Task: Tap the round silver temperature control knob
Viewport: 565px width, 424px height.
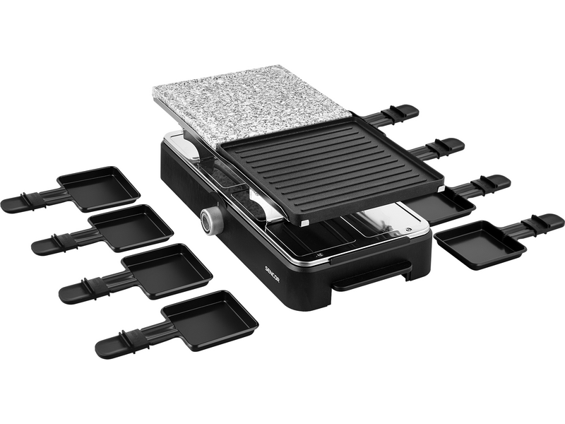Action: tap(210, 221)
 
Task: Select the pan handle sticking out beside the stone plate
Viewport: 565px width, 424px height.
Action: tap(400, 112)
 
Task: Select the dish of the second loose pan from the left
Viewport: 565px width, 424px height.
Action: tap(131, 227)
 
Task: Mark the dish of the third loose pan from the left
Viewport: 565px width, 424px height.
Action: tap(169, 269)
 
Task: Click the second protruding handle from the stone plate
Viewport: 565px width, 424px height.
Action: tap(445, 147)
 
